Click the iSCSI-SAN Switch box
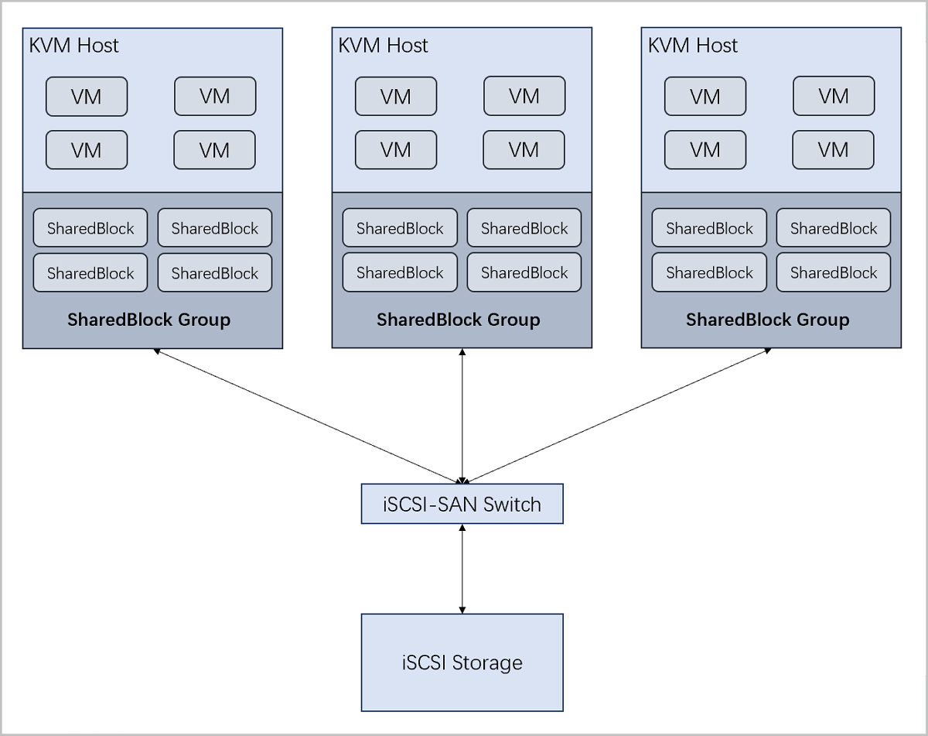tap(462, 504)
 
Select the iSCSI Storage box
tap(462, 662)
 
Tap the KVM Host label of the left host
tap(74, 46)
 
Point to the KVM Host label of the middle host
tap(384, 46)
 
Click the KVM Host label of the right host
tap(693, 46)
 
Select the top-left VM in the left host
tap(87, 97)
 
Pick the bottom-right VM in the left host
tap(214, 149)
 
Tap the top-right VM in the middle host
tap(524, 97)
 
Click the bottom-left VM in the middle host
tap(396, 149)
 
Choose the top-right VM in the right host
tap(834, 97)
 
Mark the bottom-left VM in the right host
tap(705, 149)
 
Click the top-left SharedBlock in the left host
tap(90, 228)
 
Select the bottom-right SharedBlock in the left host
tap(215, 273)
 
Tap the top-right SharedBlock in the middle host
tap(524, 228)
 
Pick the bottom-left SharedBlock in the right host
tap(709, 273)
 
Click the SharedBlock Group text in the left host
tap(148, 320)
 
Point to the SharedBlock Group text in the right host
tap(767, 320)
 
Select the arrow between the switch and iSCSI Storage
tap(462, 569)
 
